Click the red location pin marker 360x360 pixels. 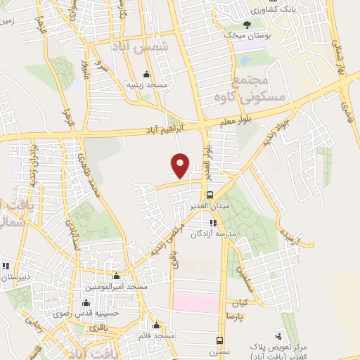(180, 166)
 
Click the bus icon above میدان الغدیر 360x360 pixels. (210, 195)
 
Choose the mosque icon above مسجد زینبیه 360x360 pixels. (146, 75)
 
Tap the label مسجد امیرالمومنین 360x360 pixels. (117, 286)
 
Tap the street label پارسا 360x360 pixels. (233, 316)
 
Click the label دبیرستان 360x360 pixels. (14, 277)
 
